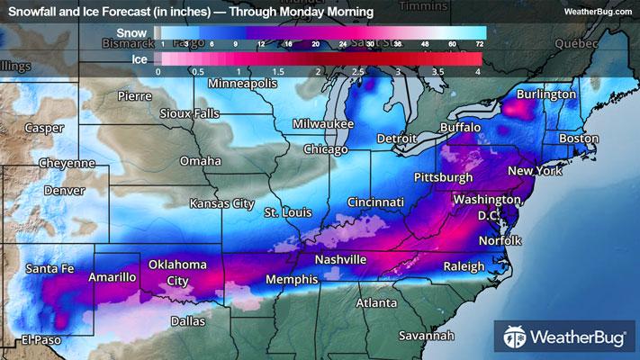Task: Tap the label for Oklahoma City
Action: (178, 272)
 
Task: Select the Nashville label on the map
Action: (339, 259)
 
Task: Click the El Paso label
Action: (40, 339)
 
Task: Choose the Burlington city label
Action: (545, 94)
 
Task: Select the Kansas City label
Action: (221, 203)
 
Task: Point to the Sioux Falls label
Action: (188, 114)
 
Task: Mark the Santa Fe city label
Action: (50, 268)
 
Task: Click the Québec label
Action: (576, 42)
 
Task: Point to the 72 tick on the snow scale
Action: (480, 43)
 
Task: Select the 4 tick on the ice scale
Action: (478, 70)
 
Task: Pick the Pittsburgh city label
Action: (442, 177)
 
